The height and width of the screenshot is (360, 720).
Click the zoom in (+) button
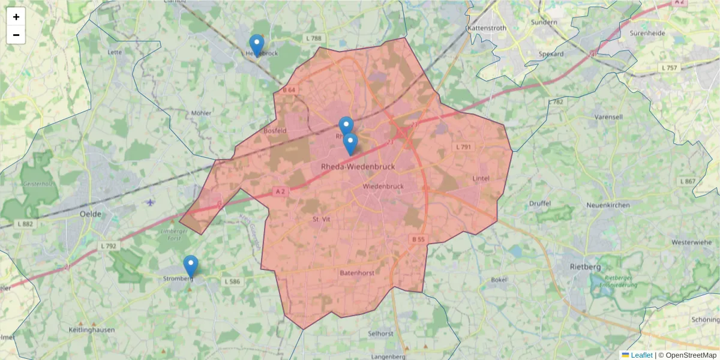[x=16, y=17]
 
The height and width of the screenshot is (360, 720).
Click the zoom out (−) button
[x=16, y=35]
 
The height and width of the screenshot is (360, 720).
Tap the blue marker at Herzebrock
[x=257, y=46]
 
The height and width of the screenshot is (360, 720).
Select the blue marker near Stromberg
[x=191, y=266]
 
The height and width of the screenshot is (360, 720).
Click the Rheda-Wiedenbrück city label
[x=358, y=167]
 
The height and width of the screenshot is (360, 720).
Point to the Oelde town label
[x=91, y=214]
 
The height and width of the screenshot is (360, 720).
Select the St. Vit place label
[x=322, y=220]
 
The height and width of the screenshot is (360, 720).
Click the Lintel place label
[x=481, y=178]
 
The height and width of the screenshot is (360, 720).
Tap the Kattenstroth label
[x=487, y=28]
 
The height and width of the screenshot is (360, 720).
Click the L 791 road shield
[x=464, y=147]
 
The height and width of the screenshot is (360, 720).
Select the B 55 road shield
[x=418, y=239]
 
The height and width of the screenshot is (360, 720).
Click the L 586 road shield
[x=232, y=281]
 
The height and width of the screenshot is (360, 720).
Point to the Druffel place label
[x=540, y=203]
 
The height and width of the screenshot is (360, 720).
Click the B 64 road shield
[x=289, y=90]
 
